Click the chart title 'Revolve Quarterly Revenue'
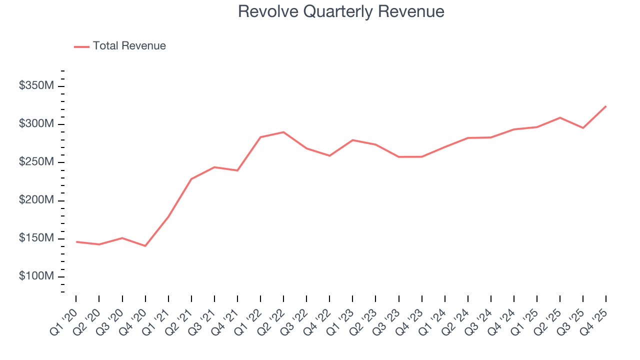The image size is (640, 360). [x=341, y=11]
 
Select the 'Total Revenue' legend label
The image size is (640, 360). [x=129, y=46]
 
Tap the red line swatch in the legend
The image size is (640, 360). [x=81, y=46]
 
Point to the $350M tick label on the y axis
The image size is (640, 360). [x=36, y=86]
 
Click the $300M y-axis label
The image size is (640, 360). [x=36, y=124]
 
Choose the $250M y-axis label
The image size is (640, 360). [x=36, y=162]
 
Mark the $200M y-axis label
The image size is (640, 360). [x=36, y=200]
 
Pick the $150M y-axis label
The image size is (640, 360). [x=36, y=238]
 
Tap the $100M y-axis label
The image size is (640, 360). [x=36, y=276]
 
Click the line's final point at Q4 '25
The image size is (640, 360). [x=606, y=106]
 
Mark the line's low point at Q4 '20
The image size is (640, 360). [x=145, y=246]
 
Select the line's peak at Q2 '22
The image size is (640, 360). [x=283, y=132]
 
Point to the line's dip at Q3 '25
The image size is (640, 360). [x=583, y=128]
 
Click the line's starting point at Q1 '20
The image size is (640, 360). [x=76, y=242]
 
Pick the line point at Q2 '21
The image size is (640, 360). [x=191, y=179]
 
